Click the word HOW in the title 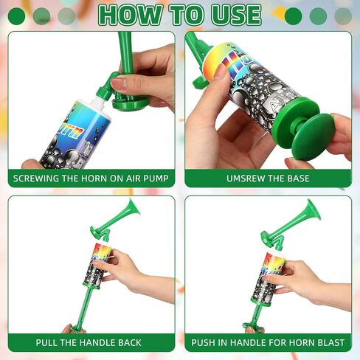(131, 15)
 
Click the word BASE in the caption (299, 179)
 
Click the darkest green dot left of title (16, 16)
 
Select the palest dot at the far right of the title (343, 16)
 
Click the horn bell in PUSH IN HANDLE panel (314, 210)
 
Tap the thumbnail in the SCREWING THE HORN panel (118, 83)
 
